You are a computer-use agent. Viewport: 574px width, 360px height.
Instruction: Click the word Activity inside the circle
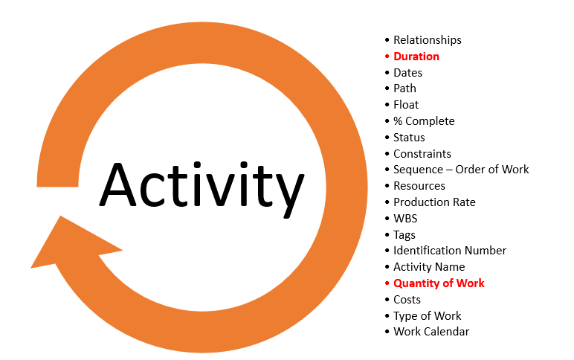click(x=201, y=188)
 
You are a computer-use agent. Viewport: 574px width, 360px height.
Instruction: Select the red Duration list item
click(x=416, y=57)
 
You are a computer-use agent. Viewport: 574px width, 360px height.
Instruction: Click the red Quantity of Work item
click(x=439, y=283)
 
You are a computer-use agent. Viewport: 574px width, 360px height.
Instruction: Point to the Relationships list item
click(x=428, y=40)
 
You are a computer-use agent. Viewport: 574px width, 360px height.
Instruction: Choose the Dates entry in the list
click(x=407, y=73)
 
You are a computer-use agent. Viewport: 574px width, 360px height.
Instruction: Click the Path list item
click(x=404, y=89)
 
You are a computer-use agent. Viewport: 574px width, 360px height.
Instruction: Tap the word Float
click(x=406, y=105)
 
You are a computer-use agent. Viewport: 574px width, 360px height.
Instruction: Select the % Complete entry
click(x=424, y=121)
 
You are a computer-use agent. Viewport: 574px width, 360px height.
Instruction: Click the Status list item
click(x=409, y=138)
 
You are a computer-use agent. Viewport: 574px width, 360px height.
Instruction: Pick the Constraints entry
click(x=422, y=154)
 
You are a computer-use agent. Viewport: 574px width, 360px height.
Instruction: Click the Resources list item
click(x=419, y=186)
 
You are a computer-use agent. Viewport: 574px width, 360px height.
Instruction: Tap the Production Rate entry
click(x=434, y=202)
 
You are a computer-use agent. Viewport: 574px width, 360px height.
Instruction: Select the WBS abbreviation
click(x=405, y=218)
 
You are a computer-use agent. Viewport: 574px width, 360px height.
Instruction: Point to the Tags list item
click(x=404, y=235)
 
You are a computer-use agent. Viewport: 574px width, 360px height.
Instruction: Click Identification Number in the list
click(x=450, y=251)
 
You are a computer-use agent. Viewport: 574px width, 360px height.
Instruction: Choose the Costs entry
click(x=407, y=300)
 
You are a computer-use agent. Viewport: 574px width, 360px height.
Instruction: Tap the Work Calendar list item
click(x=431, y=332)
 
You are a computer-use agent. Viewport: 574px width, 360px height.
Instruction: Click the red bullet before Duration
click(x=387, y=57)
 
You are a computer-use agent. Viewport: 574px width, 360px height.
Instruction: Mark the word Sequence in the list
click(x=418, y=170)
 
